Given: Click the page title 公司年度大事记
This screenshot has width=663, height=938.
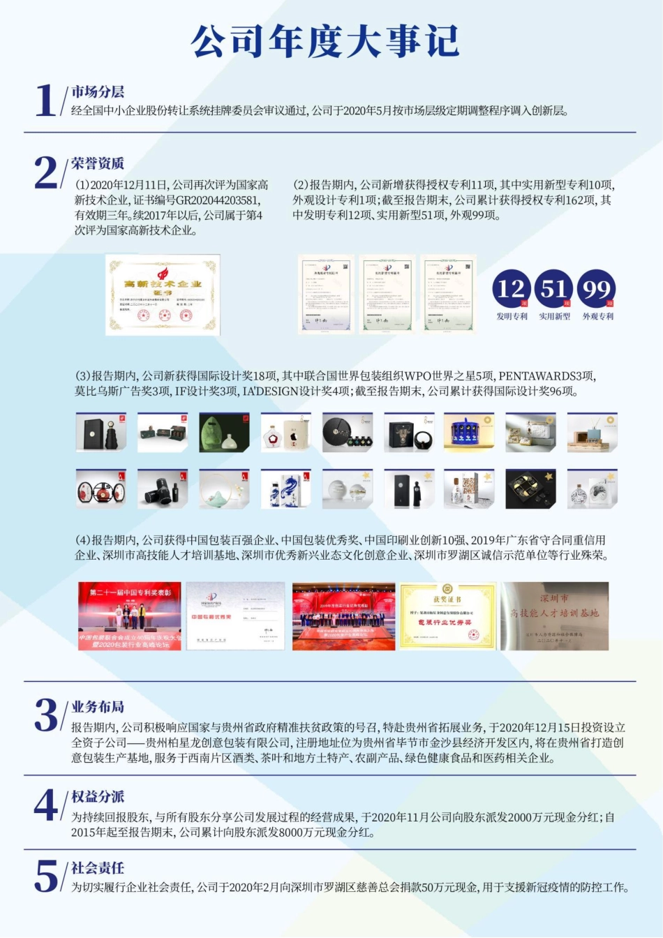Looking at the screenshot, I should (325, 42).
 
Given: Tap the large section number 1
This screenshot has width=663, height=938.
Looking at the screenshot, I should (45, 100).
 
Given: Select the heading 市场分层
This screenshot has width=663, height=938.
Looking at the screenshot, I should (98, 92).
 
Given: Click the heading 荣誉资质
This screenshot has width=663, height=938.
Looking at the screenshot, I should (98, 164).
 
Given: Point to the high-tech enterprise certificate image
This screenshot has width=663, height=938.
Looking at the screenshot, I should (162, 295).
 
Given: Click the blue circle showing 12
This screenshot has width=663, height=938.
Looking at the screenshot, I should (512, 288).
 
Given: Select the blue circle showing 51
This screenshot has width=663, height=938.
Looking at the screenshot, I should (554, 288).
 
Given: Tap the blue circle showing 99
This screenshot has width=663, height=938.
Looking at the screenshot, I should (597, 288).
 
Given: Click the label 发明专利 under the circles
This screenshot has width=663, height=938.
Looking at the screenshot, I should (512, 317).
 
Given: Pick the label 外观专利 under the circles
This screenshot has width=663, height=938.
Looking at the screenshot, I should (597, 317).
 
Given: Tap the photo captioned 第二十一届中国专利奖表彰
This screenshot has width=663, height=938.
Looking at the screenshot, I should (130, 616).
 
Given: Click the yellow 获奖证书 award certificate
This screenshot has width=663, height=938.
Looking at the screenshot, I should (447, 616).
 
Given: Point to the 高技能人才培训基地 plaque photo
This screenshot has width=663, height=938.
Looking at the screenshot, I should (555, 616).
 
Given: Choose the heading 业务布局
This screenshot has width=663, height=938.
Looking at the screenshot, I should (98, 707).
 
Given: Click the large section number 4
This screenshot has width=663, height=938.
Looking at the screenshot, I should (46, 806).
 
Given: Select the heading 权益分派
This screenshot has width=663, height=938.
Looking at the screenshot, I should (98, 797).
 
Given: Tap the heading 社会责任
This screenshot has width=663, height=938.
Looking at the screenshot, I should (98, 868).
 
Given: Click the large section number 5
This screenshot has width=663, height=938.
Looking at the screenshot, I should (46, 877).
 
